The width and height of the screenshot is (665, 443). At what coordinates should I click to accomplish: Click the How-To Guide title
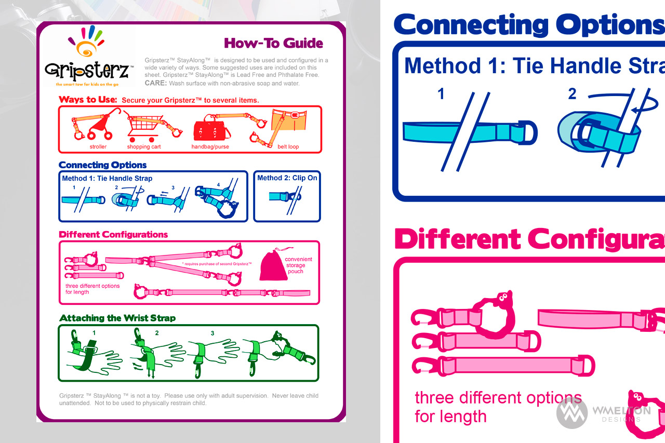[x=273, y=43]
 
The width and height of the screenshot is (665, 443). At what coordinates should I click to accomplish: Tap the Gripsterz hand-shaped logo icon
[x=86, y=41]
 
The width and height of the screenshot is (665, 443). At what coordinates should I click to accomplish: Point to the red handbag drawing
[x=211, y=128]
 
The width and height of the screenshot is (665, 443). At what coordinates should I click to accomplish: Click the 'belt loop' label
[x=288, y=146]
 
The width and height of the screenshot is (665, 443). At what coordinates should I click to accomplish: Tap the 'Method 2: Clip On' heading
[x=287, y=178]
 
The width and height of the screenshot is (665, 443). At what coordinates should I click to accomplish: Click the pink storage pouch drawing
[x=273, y=265]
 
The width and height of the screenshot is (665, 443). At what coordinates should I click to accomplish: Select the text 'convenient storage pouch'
[x=298, y=265]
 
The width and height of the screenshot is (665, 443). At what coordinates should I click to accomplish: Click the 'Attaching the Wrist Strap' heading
[x=117, y=318]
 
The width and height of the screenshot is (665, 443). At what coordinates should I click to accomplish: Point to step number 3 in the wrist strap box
[x=212, y=333]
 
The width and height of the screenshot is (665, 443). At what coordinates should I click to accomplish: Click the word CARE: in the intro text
[x=155, y=83]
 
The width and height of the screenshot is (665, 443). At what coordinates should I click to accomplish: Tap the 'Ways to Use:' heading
[x=88, y=99]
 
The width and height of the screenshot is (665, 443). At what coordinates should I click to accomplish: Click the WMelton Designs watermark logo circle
[x=572, y=413]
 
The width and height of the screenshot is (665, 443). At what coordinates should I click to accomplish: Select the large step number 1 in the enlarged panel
[x=441, y=94]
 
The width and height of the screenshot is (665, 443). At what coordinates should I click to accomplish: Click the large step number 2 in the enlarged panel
[x=572, y=94]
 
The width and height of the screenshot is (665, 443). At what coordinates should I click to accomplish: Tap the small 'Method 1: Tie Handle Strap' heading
[x=107, y=178]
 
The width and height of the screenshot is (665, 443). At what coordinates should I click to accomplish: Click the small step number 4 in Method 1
[x=218, y=184]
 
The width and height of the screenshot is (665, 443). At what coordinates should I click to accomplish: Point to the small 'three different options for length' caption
[x=92, y=289]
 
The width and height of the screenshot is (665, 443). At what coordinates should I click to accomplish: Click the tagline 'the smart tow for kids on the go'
[x=87, y=84]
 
